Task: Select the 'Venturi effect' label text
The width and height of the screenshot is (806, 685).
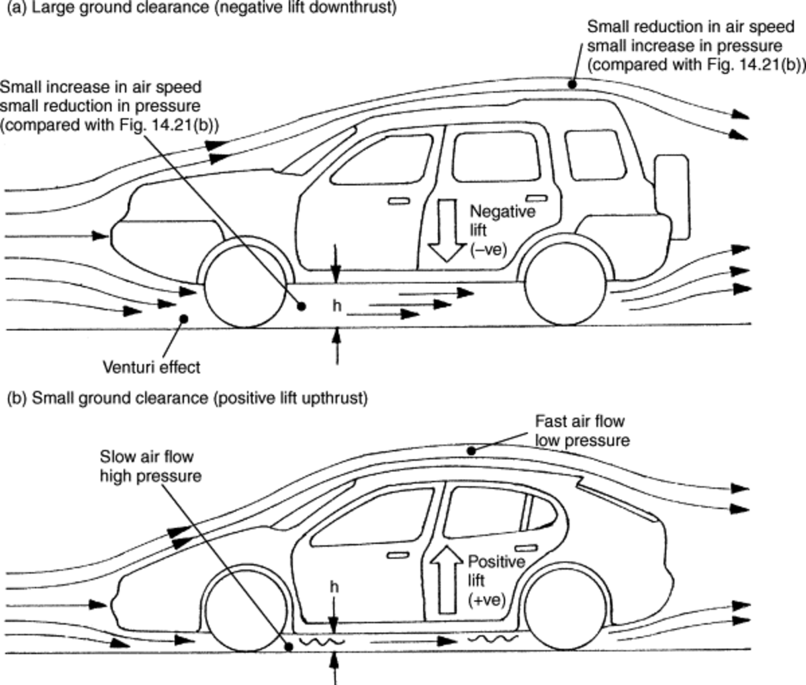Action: [151, 367]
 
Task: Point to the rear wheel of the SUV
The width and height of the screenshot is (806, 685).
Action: [568, 289]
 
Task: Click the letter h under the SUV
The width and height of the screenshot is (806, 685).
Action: [337, 306]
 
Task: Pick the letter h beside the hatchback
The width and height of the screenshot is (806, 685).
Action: [334, 587]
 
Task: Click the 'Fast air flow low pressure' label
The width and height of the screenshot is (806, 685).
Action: [581, 431]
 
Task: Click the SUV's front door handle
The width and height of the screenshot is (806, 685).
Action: [397, 201]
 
